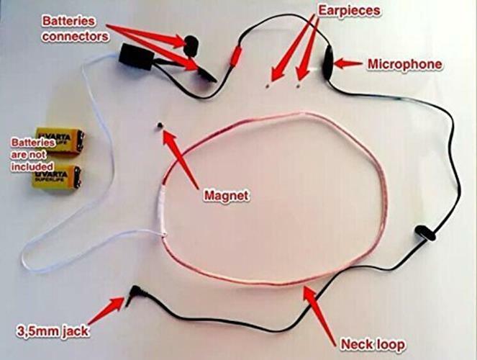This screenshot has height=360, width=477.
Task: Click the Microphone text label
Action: pyautogui.click(x=404, y=65)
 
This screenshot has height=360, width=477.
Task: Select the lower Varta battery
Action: pyautogui.click(x=56, y=176)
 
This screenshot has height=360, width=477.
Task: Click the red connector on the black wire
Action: pyautogui.click(x=235, y=55)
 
